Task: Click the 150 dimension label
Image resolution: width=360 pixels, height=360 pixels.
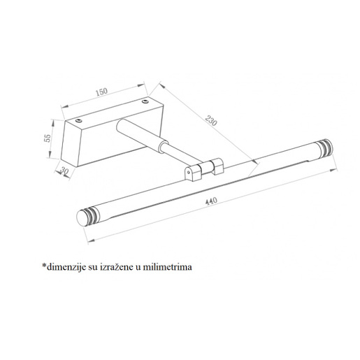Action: click(x=103, y=92)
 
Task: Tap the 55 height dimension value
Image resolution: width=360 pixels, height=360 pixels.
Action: click(x=47, y=137)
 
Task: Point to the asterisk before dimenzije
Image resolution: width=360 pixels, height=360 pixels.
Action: click(x=44, y=265)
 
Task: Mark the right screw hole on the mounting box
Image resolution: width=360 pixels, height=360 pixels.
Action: click(x=145, y=102)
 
